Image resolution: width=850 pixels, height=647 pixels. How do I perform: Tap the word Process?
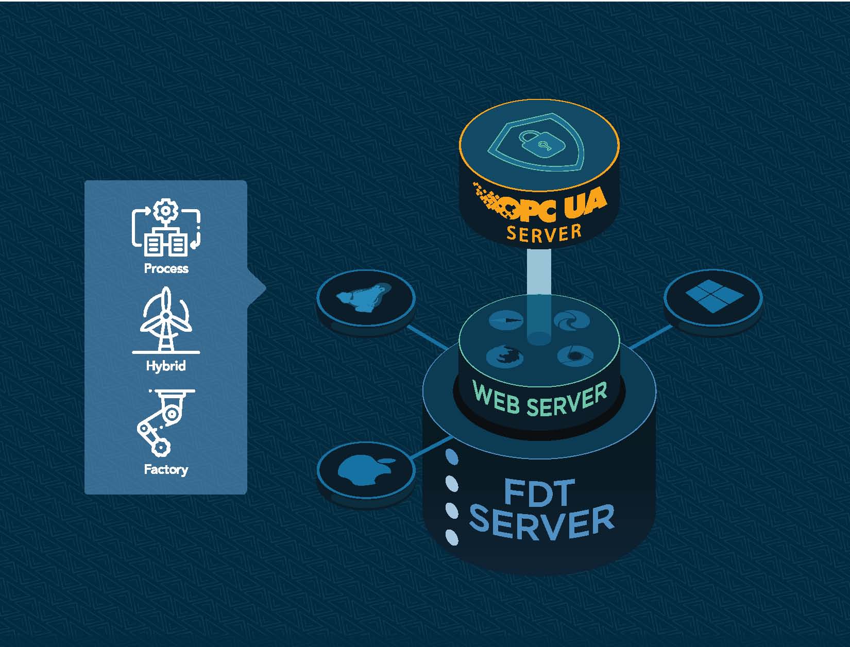click(x=166, y=268)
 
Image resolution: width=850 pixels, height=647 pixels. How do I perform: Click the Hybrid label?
click(x=166, y=366)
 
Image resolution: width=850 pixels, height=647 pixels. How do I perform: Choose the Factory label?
click(x=166, y=469)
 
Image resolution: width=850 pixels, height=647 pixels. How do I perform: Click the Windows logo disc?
click(x=713, y=297)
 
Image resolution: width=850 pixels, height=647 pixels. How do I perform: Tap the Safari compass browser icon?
click(x=505, y=320)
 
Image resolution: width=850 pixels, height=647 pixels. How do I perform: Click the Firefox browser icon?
click(x=504, y=356)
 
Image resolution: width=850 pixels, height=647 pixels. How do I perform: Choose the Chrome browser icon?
click(x=575, y=354)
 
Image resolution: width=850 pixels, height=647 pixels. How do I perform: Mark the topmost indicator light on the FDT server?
click(x=451, y=456)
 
